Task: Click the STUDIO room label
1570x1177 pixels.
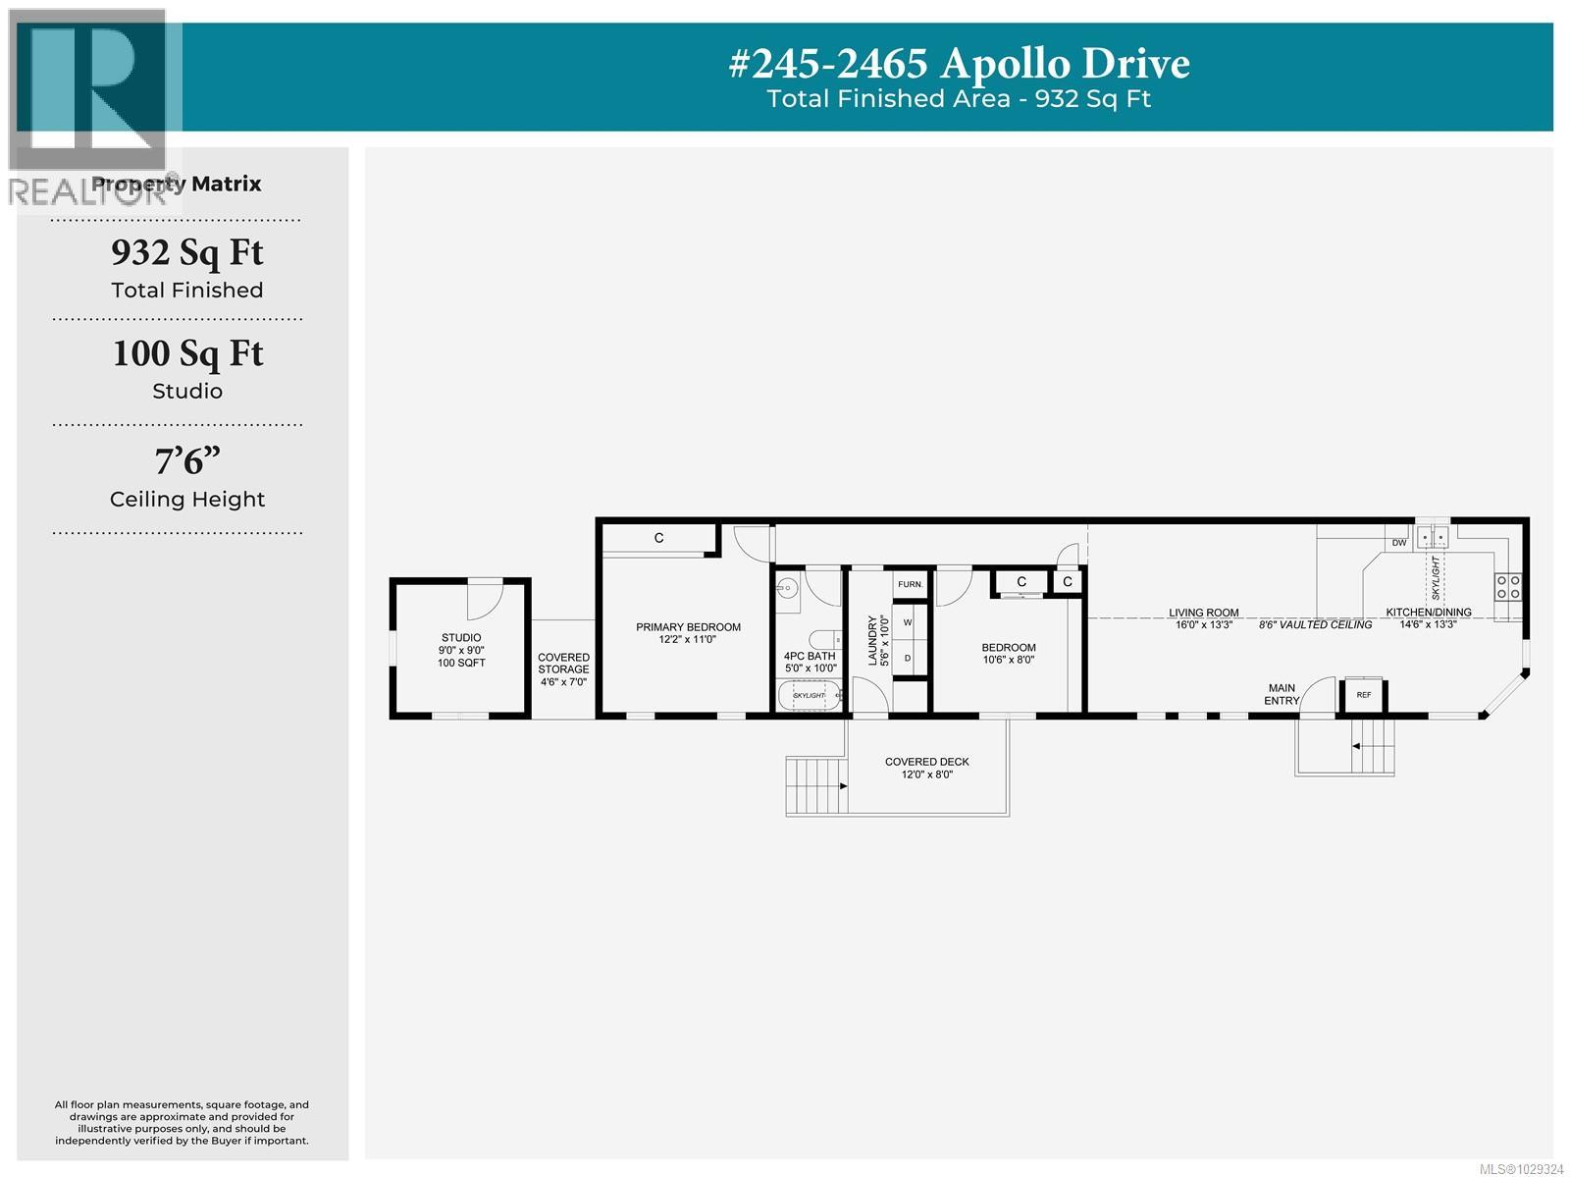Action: coord(461,638)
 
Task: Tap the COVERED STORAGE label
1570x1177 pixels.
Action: coord(563,664)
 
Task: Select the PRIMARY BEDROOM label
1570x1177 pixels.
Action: coord(688,627)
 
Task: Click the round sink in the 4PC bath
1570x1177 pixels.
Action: coord(786,589)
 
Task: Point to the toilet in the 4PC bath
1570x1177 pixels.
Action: coord(826,639)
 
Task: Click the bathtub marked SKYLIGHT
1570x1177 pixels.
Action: coord(810,695)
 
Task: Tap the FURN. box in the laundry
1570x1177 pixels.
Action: coord(910,584)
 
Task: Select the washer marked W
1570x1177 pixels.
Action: coord(908,622)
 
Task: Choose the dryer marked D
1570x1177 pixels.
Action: coord(908,658)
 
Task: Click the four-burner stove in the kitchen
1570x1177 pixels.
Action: coord(1508,587)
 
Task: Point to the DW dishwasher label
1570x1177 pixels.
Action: coord(1399,543)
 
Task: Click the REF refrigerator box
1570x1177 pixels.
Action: coord(1363,694)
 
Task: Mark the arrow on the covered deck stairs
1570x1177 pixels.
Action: coord(843,785)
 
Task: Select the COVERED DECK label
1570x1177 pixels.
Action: coord(926,762)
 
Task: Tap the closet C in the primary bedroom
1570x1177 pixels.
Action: coord(659,538)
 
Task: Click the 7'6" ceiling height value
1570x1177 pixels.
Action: coord(186,461)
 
